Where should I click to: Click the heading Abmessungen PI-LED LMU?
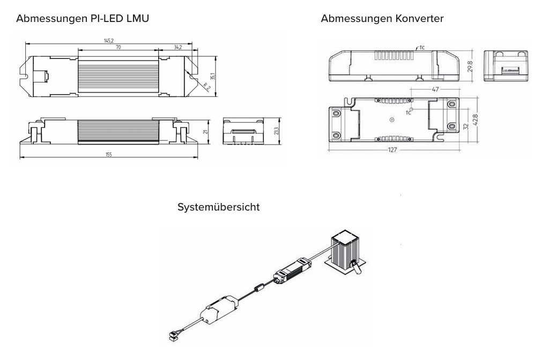83,19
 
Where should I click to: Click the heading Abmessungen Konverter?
382,19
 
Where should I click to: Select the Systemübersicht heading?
219,207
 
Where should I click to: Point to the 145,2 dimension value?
109,41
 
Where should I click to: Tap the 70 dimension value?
118,47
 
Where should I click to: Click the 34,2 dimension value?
178,47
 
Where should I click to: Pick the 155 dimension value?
109,154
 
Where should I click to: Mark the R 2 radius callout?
207,87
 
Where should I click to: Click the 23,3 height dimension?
276,131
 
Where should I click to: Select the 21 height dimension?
206,132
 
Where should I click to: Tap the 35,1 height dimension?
212,76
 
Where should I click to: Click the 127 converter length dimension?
392,150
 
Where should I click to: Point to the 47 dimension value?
435,89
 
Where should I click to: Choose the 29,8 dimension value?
470,66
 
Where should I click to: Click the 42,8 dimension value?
475,119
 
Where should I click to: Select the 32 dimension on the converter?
466,126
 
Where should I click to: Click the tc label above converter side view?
422,47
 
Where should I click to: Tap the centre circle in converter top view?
392,120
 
